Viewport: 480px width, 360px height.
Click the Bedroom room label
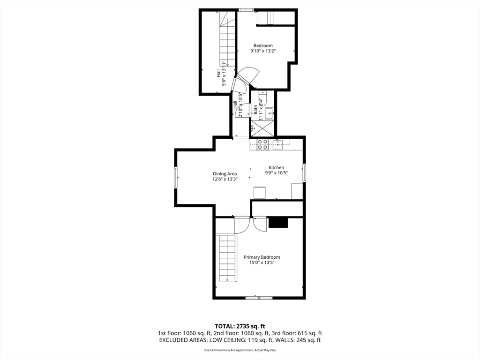pos(263,45)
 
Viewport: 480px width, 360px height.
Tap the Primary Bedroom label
pos(262,257)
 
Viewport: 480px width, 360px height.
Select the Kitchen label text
pos(277,167)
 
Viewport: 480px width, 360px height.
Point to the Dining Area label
pos(225,174)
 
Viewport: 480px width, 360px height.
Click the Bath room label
pos(255,110)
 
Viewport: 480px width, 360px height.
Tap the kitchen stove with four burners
pos(262,144)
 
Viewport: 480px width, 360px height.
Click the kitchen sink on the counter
pos(277,144)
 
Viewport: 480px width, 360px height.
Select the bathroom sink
pos(270,113)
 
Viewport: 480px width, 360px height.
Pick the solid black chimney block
pos(278,223)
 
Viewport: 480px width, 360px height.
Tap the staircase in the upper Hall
pos(227,38)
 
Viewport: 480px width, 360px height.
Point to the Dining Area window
pos(176,177)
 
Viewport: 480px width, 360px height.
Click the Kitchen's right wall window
pos(304,172)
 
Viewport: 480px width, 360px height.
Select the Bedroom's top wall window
pos(246,10)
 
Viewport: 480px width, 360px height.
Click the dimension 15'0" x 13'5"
pos(262,262)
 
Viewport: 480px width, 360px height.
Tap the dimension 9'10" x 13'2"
pos(263,51)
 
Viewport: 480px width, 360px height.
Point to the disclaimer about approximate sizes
pos(240,350)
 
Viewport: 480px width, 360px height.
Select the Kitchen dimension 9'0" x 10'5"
pos(277,173)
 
